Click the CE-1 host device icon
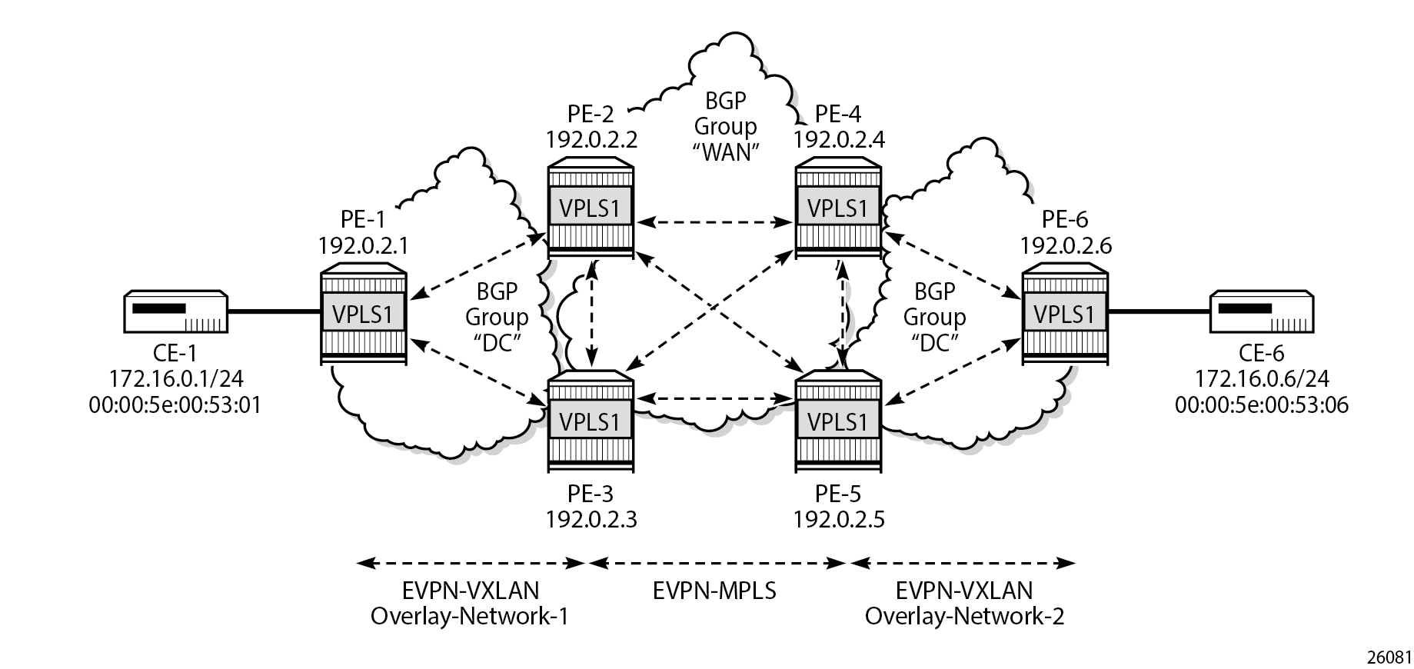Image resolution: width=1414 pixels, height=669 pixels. (175, 311)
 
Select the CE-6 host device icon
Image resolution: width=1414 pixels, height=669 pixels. (1262, 311)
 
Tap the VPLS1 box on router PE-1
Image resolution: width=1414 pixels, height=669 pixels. (363, 315)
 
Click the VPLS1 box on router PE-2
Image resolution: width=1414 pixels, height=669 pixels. (591, 208)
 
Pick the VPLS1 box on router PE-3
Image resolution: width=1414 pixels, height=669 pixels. (591, 421)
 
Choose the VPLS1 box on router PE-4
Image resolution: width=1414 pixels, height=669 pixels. (838, 208)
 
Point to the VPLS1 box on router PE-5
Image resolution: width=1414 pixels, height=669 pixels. (838, 421)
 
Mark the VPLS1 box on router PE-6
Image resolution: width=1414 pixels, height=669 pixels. (1065, 315)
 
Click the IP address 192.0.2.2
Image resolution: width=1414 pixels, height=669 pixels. (591, 139)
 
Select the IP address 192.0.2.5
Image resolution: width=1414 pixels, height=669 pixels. (839, 519)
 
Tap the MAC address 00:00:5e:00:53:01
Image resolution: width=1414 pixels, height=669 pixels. (175, 404)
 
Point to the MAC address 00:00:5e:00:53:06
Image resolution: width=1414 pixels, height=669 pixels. (1261, 404)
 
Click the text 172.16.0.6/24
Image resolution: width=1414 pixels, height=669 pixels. (1261, 379)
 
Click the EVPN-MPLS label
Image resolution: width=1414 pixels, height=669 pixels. (714, 591)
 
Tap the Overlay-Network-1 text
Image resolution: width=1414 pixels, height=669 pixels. (469, 616)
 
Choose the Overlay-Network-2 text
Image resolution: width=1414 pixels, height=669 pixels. (964, 616)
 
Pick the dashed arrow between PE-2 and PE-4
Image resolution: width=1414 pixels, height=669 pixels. (714, 222)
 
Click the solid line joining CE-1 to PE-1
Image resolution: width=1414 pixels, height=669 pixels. (274, 311)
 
